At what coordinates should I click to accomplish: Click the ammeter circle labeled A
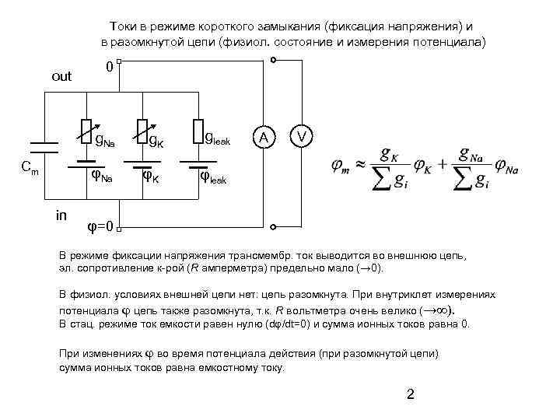coord(265,137)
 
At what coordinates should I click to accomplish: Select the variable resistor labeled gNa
coord(87,131)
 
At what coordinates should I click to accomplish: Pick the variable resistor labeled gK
coord(142,131)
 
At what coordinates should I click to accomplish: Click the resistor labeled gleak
coord(198,131)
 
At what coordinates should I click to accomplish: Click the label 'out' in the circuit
coord(61,76)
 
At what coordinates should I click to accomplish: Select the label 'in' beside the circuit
coord(61,215)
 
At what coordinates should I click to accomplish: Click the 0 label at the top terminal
coord(110,68)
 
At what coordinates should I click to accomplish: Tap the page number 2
coord(411,394)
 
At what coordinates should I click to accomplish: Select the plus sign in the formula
coord(441,165)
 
